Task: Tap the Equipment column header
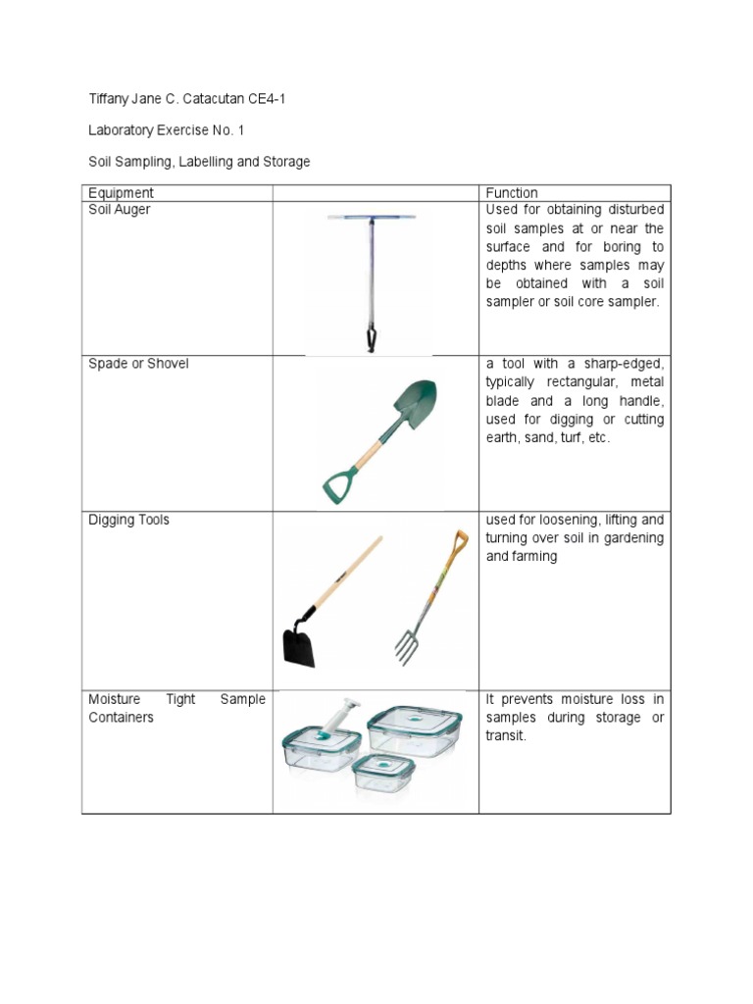[121, 193]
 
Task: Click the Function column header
[512, 193]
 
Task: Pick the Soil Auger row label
[120, 210]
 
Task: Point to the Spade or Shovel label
[138, 364]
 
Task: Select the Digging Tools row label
[128, 520]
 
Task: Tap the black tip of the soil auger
[372, 340]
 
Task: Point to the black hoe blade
[299, 646]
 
